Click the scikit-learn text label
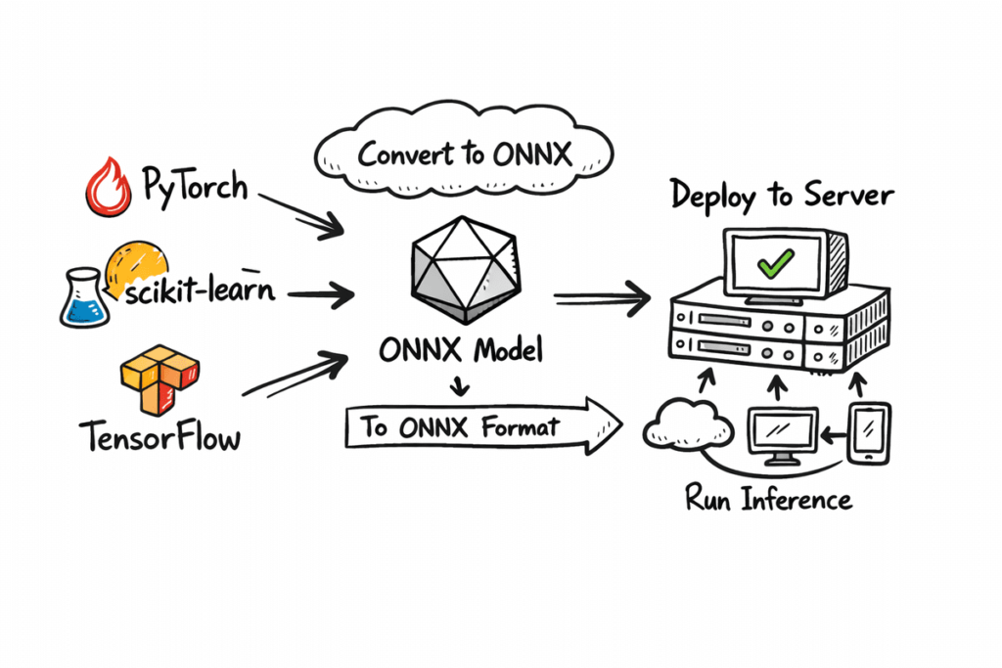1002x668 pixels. coord(202,290)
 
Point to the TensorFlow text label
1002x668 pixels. coord(159,437)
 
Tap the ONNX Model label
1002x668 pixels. coord(461,350)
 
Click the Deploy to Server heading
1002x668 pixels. coord(781,196)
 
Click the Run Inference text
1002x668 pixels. coord(768,500)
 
